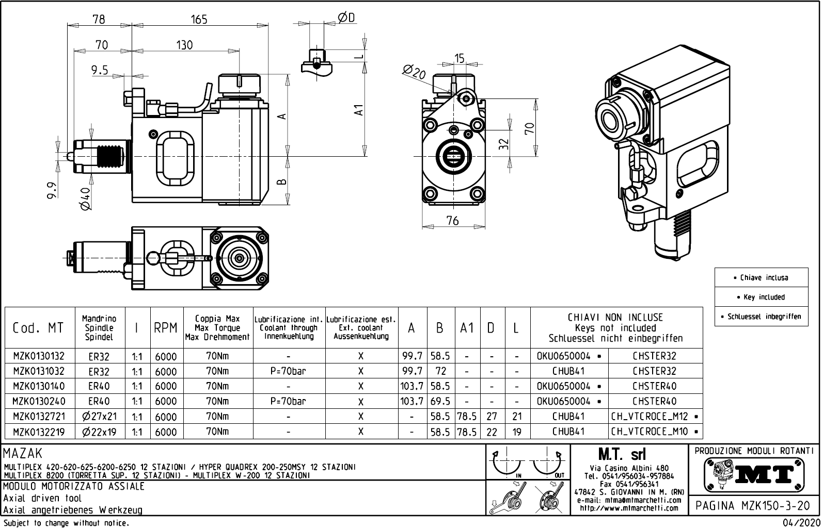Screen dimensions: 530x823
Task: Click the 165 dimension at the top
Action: tap(199, 20)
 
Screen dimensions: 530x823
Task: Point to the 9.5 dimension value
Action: tap(100, 70)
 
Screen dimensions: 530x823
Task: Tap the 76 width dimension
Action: tap(452, 221)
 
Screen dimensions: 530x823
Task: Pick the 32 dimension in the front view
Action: tap(504, 143)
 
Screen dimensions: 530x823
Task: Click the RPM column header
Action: tap(165, 328)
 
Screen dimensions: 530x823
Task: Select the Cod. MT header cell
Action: tap(39, 328)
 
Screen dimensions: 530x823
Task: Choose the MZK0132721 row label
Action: tap(39, 417)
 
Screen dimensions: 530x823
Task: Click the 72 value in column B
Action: tap(440, 371)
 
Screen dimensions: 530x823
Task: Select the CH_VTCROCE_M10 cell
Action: tap(655, 432)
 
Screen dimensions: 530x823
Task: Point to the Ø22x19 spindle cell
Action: tap(100, 432)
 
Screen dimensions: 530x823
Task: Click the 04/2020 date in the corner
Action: tap(800, 523)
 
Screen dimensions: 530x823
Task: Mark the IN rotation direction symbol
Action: tap(508, 464)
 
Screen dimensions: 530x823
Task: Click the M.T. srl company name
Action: tap(629, 455)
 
